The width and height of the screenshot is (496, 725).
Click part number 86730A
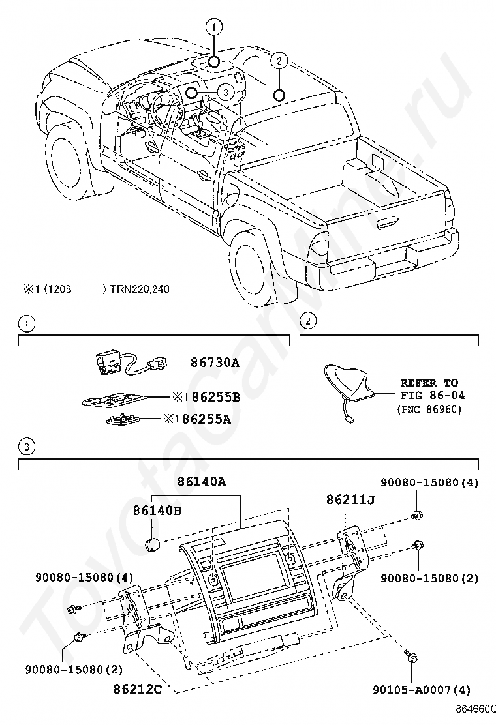[215, 363]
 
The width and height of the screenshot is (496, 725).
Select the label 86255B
[211, 397]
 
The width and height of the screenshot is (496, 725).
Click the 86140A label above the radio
[202, 482]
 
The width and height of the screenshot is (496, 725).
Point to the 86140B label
[157, 510]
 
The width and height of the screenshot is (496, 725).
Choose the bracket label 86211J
[350, 500]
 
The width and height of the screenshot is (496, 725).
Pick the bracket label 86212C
[138, 689]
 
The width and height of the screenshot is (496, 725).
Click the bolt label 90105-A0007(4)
[422, 690]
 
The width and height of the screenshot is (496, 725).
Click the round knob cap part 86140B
[152, 546]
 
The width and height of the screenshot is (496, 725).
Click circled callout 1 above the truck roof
[214, 28]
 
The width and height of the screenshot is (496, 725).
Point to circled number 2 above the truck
[279, 61]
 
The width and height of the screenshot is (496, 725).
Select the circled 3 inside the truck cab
[225, 92]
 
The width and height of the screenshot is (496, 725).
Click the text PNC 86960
[429, 409]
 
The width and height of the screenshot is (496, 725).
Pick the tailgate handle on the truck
[389, 225]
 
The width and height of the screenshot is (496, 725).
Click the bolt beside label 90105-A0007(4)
[411, 657]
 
